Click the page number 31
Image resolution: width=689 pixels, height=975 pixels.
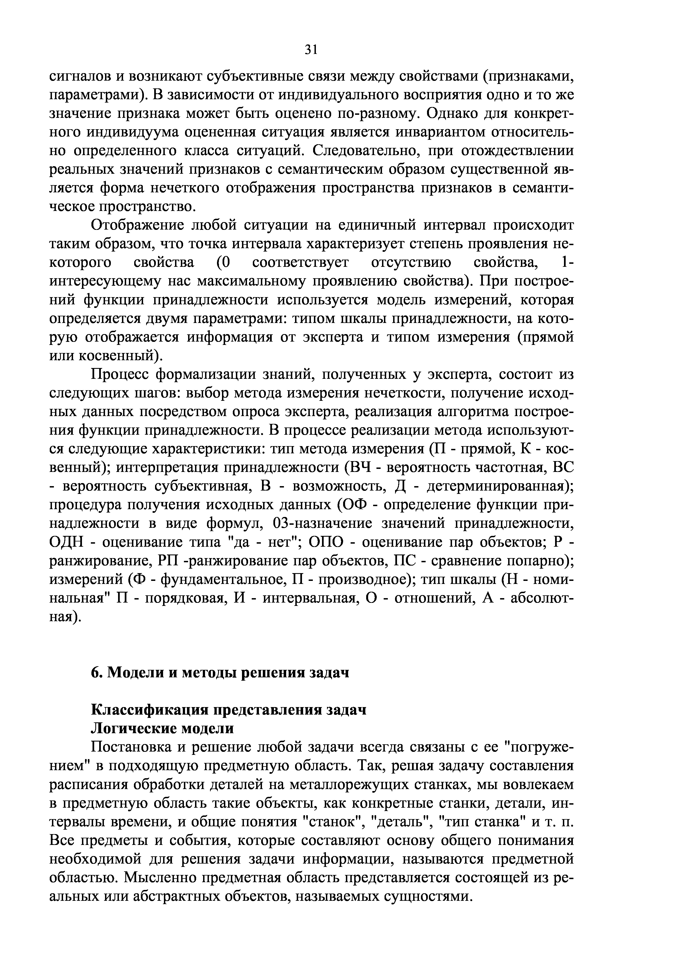311,50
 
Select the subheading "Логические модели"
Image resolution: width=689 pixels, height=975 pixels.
163,728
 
